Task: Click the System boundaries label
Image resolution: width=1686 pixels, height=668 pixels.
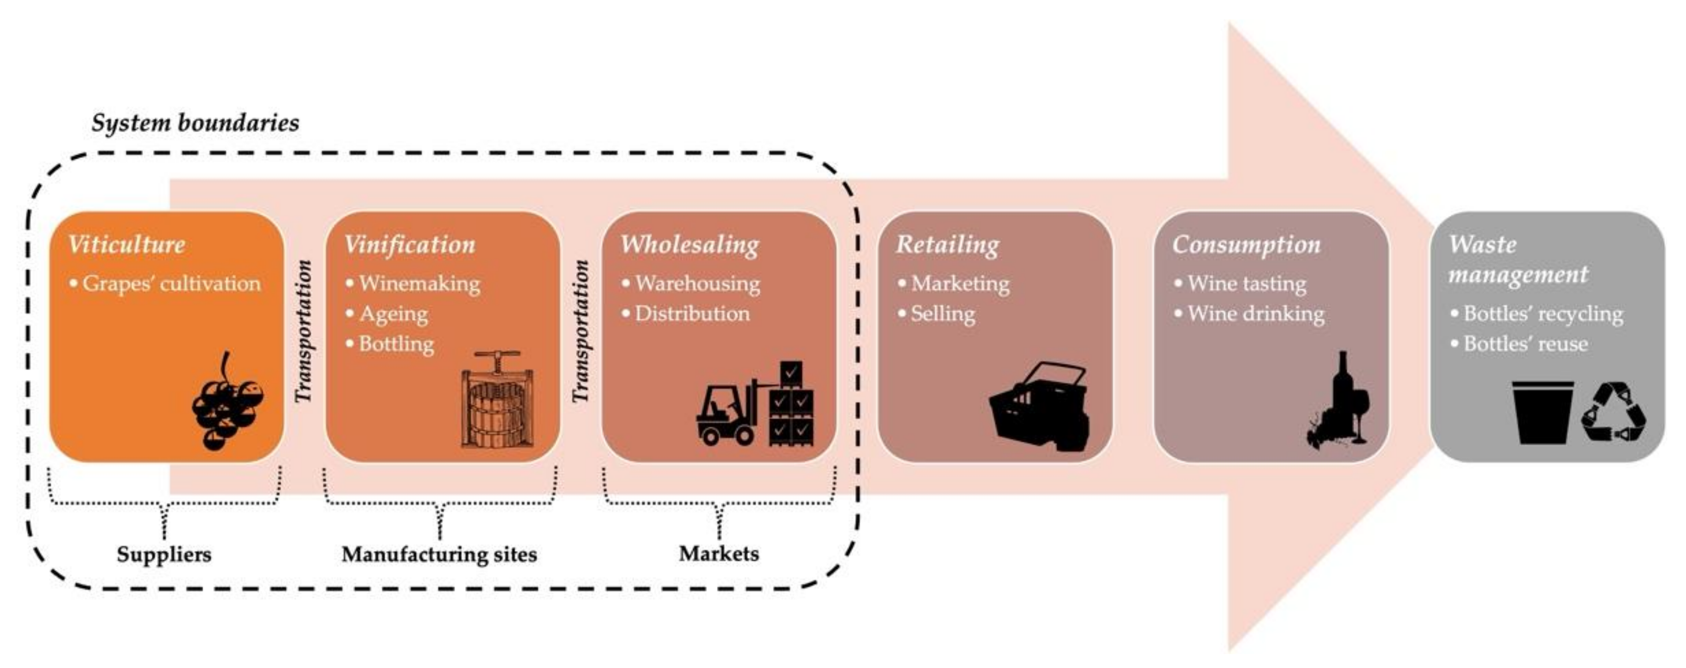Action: point(195,123)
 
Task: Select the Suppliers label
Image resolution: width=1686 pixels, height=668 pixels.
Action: point(164,554)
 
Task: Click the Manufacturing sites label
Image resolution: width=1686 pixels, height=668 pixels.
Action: point(439,554)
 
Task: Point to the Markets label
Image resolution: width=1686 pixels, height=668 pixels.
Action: point(718,553)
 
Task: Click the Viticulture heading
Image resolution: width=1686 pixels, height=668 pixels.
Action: point(126,245)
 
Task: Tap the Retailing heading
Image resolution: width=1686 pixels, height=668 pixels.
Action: point(947,245)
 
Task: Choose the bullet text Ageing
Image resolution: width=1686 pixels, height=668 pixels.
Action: point(393,314)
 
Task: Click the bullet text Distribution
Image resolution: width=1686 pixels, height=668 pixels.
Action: point(692,313)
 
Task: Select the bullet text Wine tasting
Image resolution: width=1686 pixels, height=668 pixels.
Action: point(1246,283)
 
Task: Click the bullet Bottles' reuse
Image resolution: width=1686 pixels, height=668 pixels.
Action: point(1525,343)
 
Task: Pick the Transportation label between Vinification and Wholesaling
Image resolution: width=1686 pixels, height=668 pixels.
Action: point(580,331)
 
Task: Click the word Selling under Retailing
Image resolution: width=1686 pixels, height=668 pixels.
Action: point(943,314)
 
